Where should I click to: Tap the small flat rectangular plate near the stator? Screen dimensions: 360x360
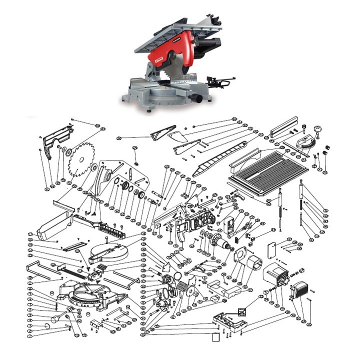[x=273, y=248]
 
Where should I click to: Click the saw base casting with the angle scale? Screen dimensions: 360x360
[x=90, y=295]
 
